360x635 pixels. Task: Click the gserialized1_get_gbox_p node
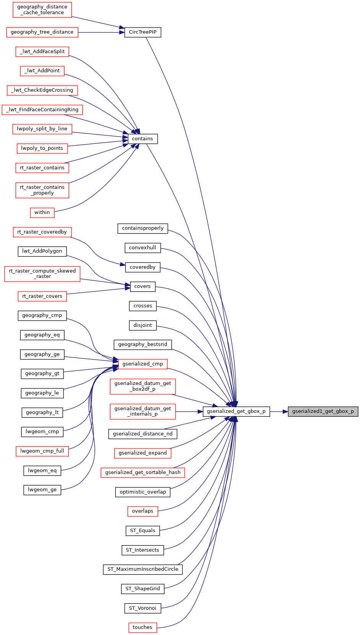coord(323,411)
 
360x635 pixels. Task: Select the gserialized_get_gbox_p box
coord(236,411)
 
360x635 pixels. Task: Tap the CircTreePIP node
coord(142,32)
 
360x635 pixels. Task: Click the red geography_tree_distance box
coord(42,32)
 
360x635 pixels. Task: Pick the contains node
coord(142,139)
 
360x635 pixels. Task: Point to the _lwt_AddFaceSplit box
coord(42,52)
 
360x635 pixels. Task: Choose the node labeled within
coord(42,213)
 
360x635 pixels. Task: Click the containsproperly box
coord(143,228)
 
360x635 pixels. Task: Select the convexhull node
coord(142,248)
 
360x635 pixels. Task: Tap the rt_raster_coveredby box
coord(42,232)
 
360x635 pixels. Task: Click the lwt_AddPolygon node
coord(42,251)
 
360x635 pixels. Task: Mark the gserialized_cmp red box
coord(142,364)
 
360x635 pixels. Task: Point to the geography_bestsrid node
coord(142,344)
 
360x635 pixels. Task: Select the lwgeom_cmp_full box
coord(42,451)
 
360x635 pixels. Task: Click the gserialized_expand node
coord(142,453)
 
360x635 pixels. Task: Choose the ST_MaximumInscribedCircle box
coord(142,569)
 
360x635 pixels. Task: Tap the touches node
coord(142,627)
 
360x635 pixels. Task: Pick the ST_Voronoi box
coord(142,608)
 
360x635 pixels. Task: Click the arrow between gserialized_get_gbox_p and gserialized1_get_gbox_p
coord(279,411)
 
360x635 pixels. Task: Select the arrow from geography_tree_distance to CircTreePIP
coord(101,32)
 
